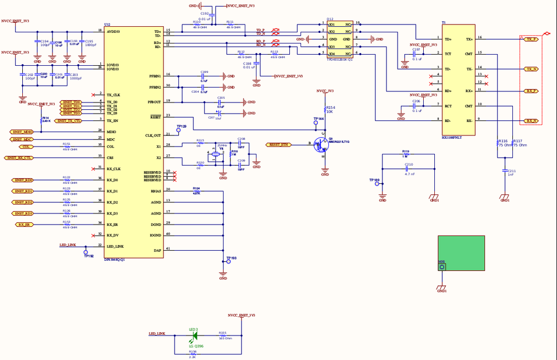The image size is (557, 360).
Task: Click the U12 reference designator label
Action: (x=107, y=25)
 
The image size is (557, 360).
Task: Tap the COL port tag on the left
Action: (x=25, y=147)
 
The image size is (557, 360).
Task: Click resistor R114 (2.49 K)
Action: (x=41, y=119)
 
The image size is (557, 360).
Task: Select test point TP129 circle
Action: (x=178, y=132)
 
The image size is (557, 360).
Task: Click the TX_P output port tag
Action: (x=531, y=40)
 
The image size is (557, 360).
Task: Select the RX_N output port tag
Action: (x=531, y=120)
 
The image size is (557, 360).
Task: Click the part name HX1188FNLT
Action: (x=452, y=137)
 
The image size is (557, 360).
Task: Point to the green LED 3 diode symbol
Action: (x=193, y=335)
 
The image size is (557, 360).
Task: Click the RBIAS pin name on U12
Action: (x=156, y=191)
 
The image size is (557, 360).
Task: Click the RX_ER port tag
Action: (x=23, y=225)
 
